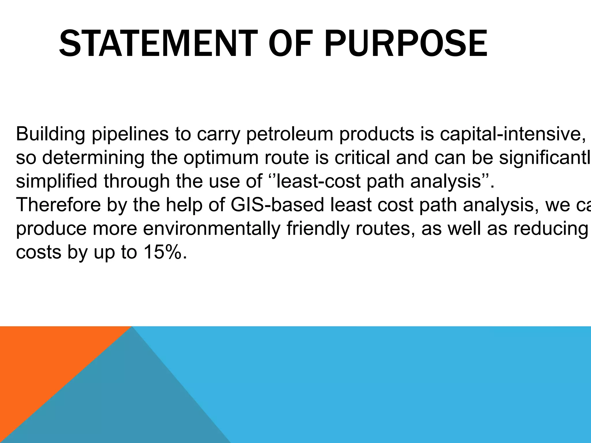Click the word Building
pyautogui.click(x=51, y=134)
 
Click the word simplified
pyautogui.click(x=57, y=182)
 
